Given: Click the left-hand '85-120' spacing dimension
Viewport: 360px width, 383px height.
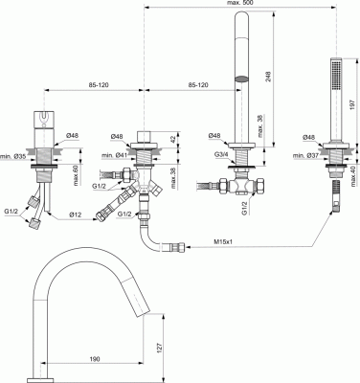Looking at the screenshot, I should (x=95, y=85).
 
